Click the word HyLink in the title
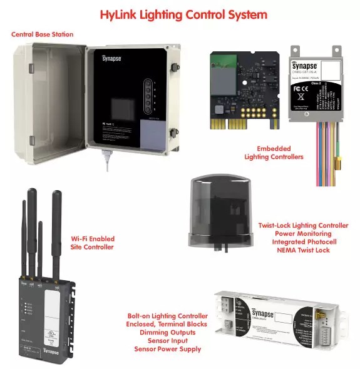126,14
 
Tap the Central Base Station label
42,34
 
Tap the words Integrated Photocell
303,241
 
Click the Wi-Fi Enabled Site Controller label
92,243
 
